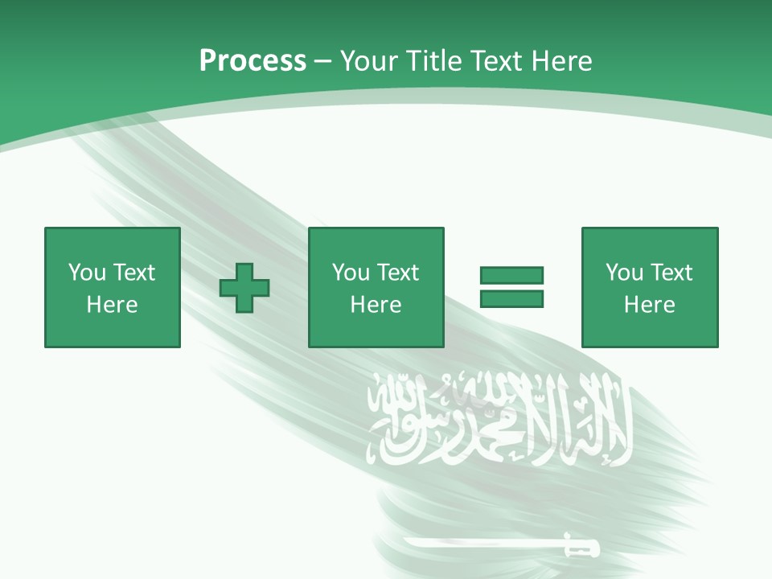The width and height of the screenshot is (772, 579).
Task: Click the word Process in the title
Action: coord(253,61)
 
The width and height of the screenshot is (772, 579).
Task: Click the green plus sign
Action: coord(244,288)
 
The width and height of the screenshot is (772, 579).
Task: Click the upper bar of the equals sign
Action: coord(511,276)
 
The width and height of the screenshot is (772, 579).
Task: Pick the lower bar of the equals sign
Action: coord(511,298)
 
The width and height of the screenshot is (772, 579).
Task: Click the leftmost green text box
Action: coord(112,287)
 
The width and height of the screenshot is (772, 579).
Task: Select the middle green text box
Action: coord(376,287)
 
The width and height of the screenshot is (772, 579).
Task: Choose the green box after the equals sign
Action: coord(649,287)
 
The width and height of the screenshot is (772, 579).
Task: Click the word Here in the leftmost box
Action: coord(112,305)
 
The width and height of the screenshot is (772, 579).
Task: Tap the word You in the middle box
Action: coord(351,273)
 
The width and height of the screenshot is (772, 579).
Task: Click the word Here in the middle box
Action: coord(376,305)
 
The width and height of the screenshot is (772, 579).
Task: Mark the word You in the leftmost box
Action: coord(87,273)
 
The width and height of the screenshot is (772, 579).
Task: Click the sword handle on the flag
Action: coord(581,548)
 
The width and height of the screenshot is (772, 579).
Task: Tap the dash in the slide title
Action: coord(322,61)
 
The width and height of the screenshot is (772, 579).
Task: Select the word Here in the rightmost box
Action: coord(649,305)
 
